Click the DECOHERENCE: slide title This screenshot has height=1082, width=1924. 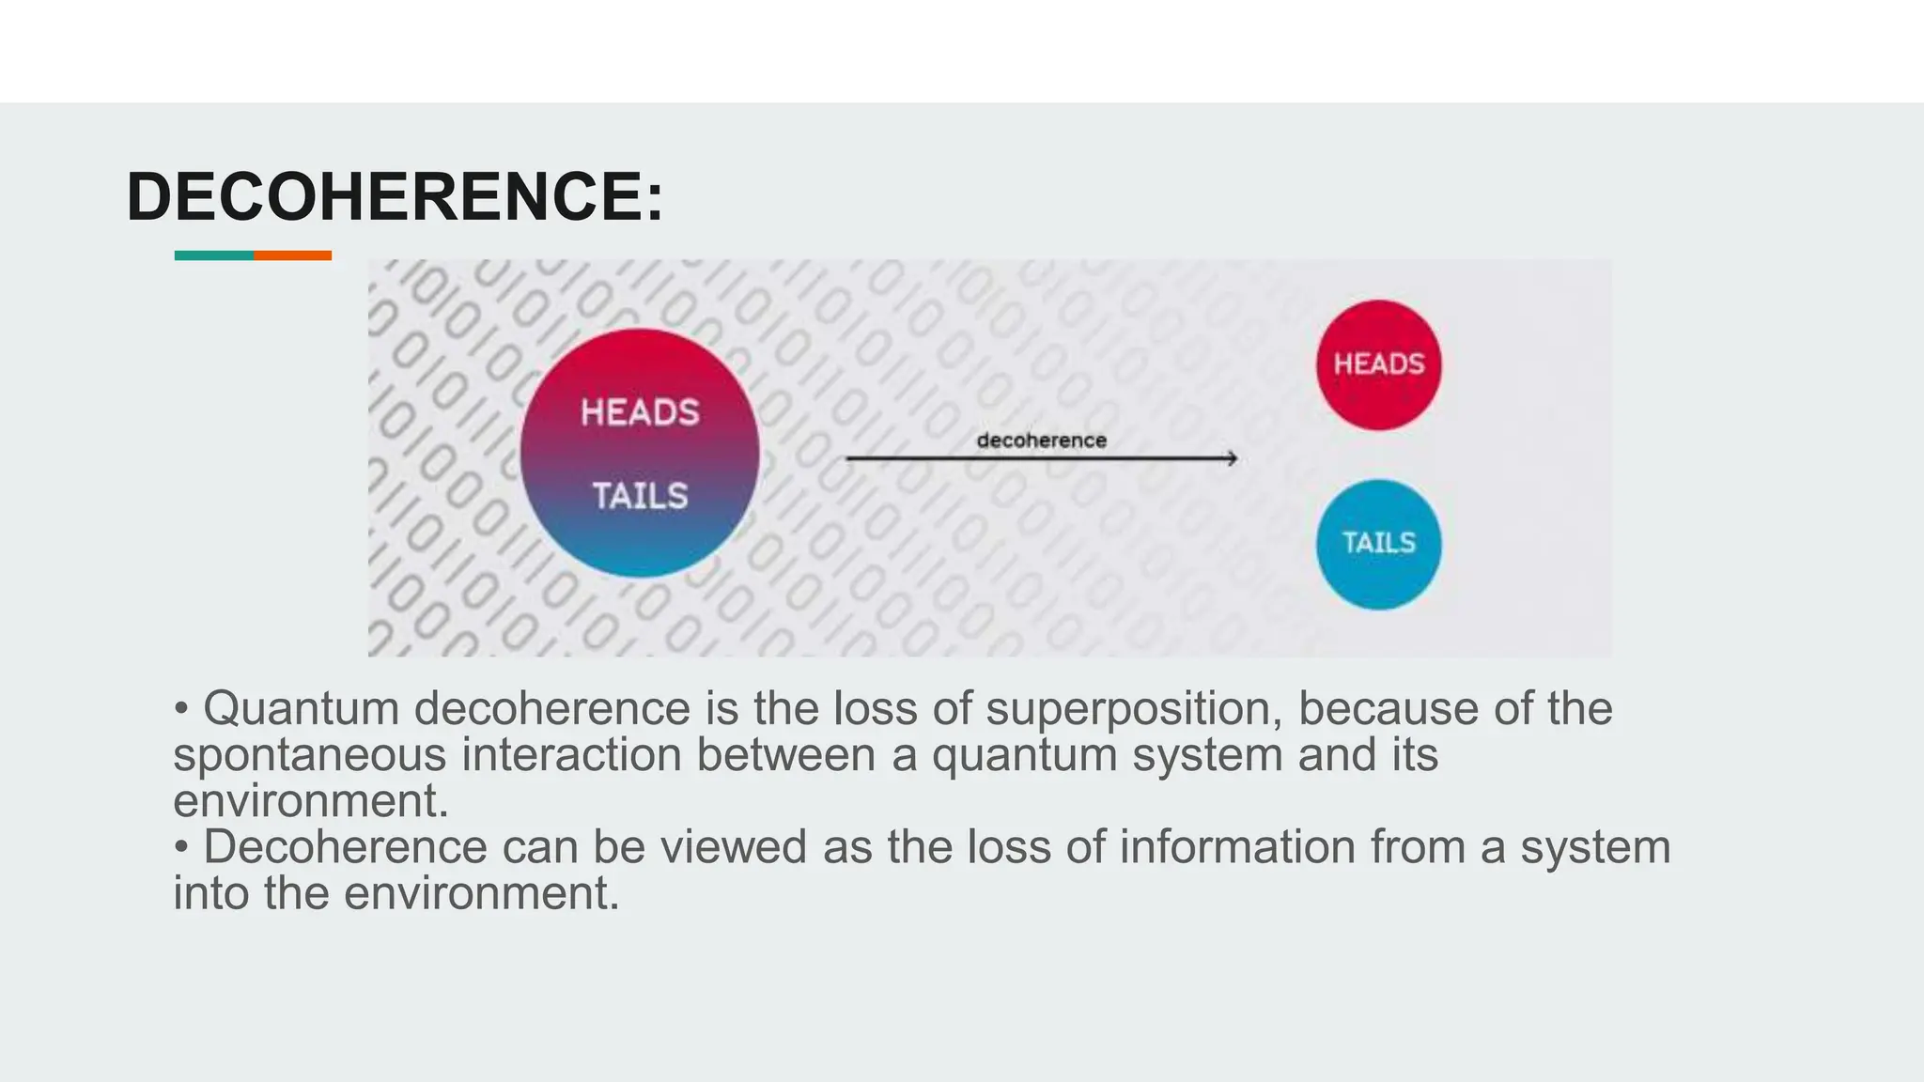coord(395,197)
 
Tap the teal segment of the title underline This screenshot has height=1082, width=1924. coord(213,255)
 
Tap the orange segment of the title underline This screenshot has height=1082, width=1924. coord(292,255)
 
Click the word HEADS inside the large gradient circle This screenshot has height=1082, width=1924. coord(640,412)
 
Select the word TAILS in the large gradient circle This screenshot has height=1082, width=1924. coord(640,495)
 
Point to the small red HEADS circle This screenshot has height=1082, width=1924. coord(1378,364)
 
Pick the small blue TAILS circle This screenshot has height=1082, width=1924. coord(1378,544)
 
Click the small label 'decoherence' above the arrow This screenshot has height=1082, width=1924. coord(1041,441)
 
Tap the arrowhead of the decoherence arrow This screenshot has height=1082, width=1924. coord(1232,458)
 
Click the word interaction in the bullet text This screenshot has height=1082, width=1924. coord(570,755)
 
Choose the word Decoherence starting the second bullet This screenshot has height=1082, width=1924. coord(345,847)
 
